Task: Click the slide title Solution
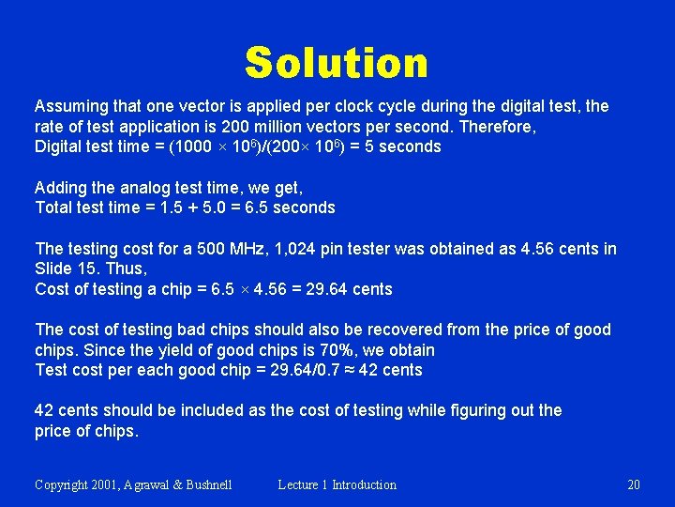click(x=337, y=63)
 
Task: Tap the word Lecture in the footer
click(x=298, y=484)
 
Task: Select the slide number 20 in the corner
click(x=634, y=484)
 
